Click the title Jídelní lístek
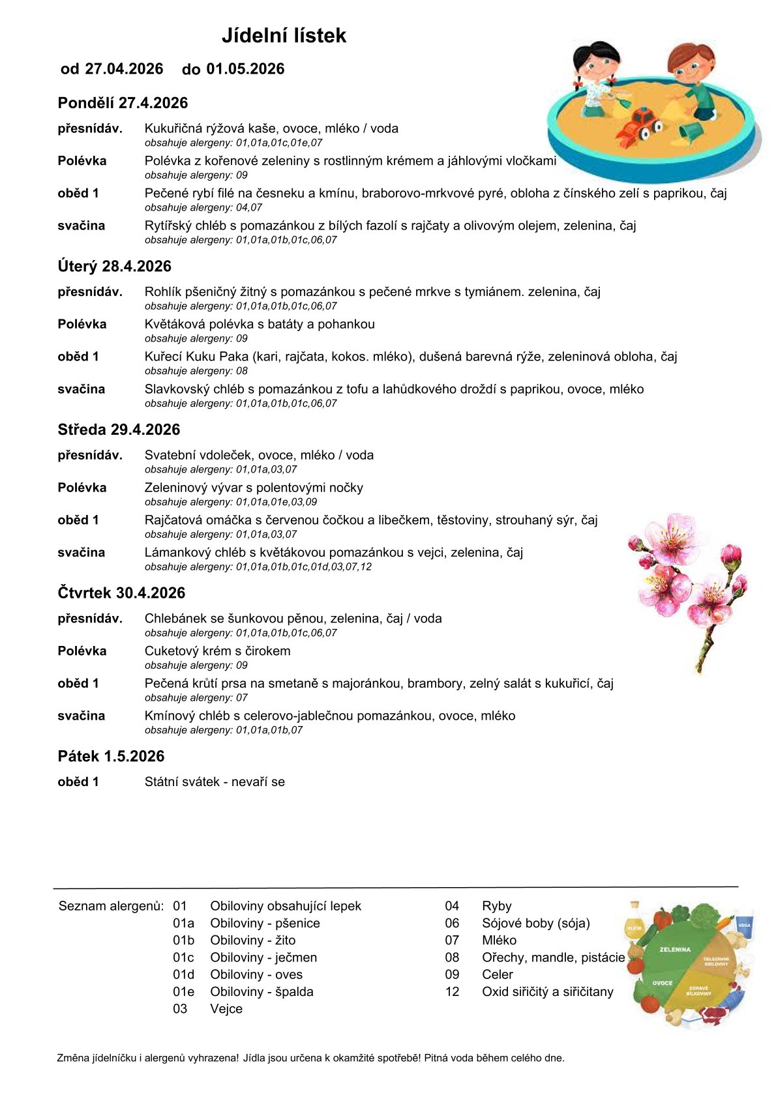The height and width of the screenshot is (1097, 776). [284, 35]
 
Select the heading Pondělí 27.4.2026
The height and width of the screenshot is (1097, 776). [123, 103]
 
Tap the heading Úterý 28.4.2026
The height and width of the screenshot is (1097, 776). [114, 266]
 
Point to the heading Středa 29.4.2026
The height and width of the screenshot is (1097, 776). [119, 430]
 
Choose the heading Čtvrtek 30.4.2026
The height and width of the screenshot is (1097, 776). [121, 592]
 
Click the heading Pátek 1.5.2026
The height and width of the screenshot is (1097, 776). [111, 756]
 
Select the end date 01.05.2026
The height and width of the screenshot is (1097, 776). [245, 69]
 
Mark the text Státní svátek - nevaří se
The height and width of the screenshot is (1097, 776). [215, 782]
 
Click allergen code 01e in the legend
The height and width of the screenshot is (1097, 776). [183, 991]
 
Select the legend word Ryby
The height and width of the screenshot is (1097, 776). [497, 906]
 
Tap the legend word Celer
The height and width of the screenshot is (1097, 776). [498, 974]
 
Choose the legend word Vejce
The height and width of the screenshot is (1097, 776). [226, 1008]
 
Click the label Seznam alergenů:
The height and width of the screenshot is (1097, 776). [112, 906]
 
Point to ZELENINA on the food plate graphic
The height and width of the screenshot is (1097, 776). [674, 950]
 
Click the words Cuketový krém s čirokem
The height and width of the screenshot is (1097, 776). [217, 651]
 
